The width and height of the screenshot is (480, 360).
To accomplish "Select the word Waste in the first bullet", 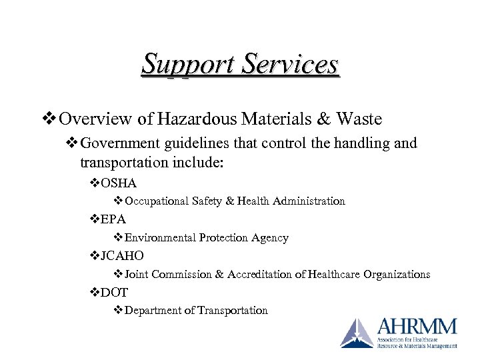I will [x=359, y=119].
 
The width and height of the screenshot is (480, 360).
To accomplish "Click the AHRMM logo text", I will [x=417, y=327].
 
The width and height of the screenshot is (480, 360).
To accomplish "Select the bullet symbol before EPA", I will [x=94, y=219].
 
